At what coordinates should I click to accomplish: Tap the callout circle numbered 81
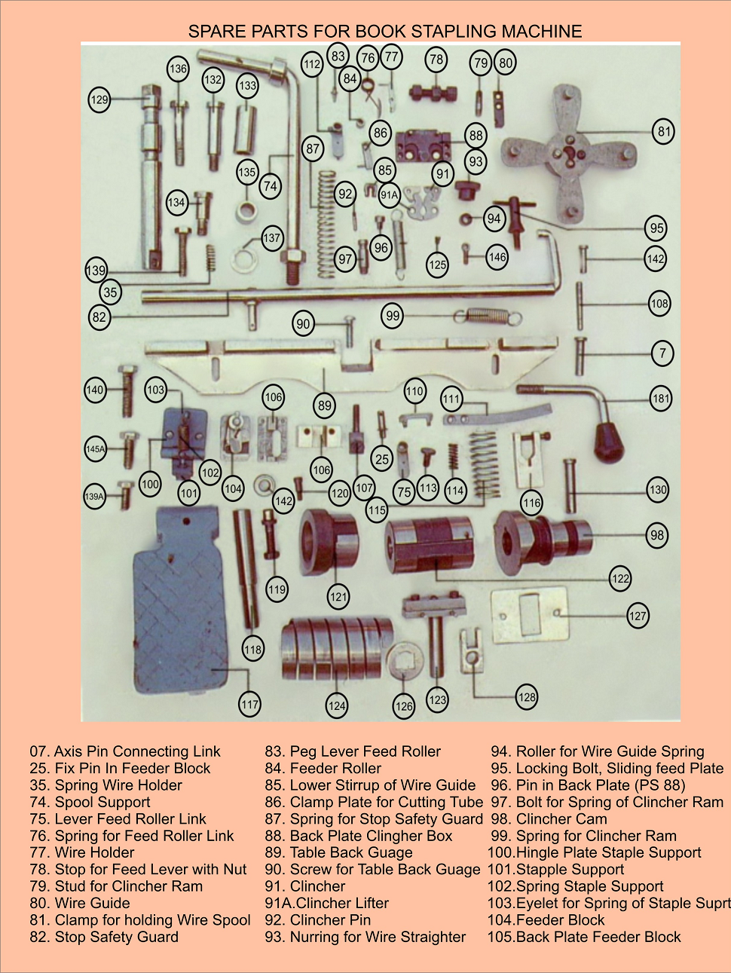pyautogui.click(x=663, y=131)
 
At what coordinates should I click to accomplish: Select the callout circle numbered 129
pyautogui.click(x=99, y=99)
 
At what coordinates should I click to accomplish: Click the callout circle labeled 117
pyautogui.click(x=249, y=705)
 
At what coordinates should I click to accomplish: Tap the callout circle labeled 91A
pyautogui.click(x=389, y=194)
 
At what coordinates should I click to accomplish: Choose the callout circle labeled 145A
pyautogui.click(x=95, y=448)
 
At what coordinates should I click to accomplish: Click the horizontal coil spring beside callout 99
pyautogui.click(x=488, y=315)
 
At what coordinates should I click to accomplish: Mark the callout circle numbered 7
pyautogui.click(x=662, y=353)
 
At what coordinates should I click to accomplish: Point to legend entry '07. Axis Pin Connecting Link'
pyautogui.click(x=125, y=751)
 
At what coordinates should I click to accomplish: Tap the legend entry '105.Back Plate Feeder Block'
pyautogui.click(x=584, y=937)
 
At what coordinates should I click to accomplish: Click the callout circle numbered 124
pyautogui.click(x=337, y=705)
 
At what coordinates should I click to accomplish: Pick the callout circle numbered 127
pyautogui.click(x=638, y=616)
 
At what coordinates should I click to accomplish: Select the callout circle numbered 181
pyautogui.click(x=661, y=399)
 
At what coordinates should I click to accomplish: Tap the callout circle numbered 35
pyautogui.click(x=111, y=292)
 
